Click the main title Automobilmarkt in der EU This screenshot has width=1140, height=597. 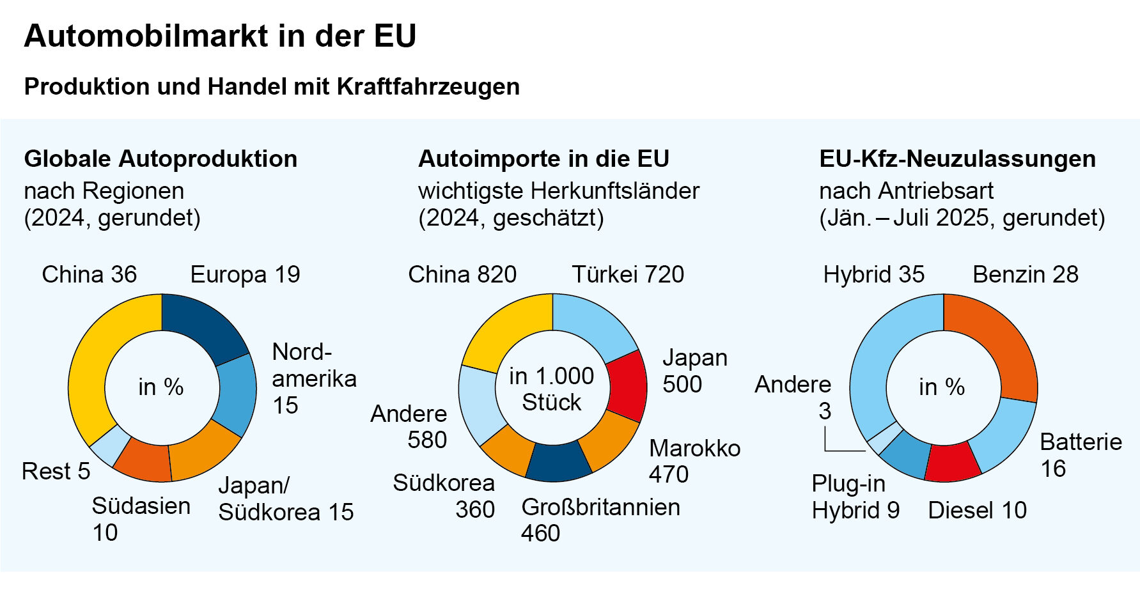point(220,36)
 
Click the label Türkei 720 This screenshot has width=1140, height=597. point(627,275)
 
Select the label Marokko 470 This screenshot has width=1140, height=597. point(694,461)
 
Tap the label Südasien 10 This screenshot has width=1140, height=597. point(141,518)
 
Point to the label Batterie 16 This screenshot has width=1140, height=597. point(1080,455)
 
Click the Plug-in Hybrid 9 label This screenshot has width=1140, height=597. point(855,497)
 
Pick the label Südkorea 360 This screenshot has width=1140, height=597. point(444,496)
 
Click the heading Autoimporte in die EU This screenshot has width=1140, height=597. point(543,159)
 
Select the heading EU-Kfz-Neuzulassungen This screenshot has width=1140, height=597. point(957,159)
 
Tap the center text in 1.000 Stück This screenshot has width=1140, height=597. point(551,389)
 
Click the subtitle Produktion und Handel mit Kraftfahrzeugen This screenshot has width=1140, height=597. point(272,86)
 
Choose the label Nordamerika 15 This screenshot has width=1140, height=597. point(313,378)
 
